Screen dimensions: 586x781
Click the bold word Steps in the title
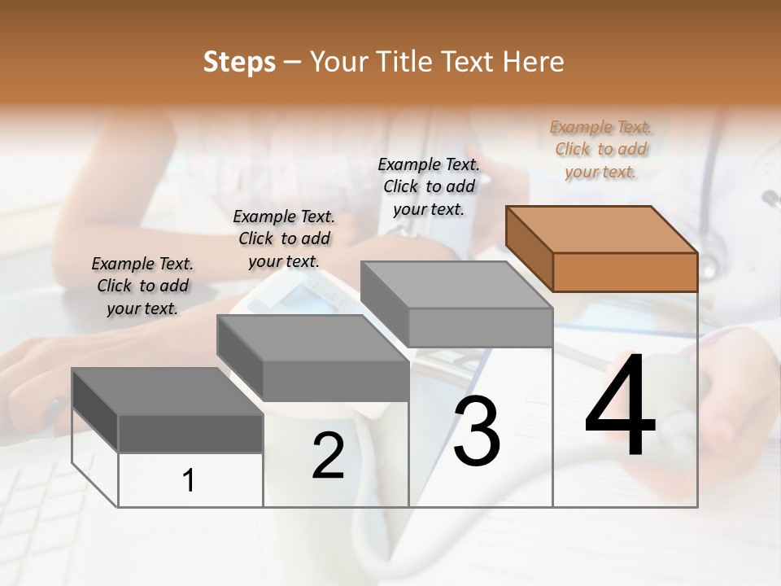238,62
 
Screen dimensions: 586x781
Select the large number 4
620,405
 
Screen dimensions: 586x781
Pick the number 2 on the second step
328,456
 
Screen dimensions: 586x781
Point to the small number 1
189,480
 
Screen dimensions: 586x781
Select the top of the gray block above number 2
312,339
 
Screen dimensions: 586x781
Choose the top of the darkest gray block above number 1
167,391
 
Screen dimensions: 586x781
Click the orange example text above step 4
600,149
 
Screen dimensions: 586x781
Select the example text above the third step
429,186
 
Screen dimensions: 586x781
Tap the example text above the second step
284,238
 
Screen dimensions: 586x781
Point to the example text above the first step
142,286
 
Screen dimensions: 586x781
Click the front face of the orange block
625,272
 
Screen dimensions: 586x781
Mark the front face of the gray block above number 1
190,433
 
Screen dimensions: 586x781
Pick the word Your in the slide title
339,62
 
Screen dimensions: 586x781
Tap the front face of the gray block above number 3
480,327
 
